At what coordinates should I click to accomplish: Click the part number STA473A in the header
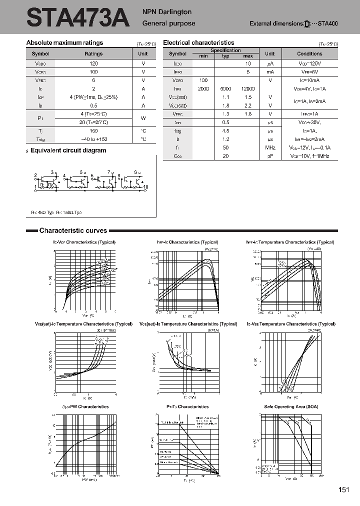click(78, 18)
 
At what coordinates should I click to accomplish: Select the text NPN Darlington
click(167, 12)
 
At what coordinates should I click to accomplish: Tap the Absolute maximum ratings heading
click(64, 43)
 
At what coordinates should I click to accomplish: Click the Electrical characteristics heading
click(198, 43)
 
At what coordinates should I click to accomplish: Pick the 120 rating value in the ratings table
click(93, 63)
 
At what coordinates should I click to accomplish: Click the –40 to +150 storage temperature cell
click(93, 139)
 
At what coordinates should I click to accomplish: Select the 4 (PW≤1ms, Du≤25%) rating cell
click(93, 97)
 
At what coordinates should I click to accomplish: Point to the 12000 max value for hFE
click(248, 88)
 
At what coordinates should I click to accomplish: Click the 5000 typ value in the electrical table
click(225, 88)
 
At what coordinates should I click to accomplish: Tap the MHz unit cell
click(270, 147)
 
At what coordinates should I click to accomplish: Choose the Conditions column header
click(309, 53)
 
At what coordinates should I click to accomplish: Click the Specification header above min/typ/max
click(225, 50)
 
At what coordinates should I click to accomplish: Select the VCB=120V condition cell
click(309, 63)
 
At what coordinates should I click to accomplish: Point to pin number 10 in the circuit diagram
click(146, 187)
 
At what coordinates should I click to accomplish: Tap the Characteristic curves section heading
click(73, 230)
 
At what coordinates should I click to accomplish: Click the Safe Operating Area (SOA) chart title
click(290, 406)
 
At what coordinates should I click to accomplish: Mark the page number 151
click(343, 489)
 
